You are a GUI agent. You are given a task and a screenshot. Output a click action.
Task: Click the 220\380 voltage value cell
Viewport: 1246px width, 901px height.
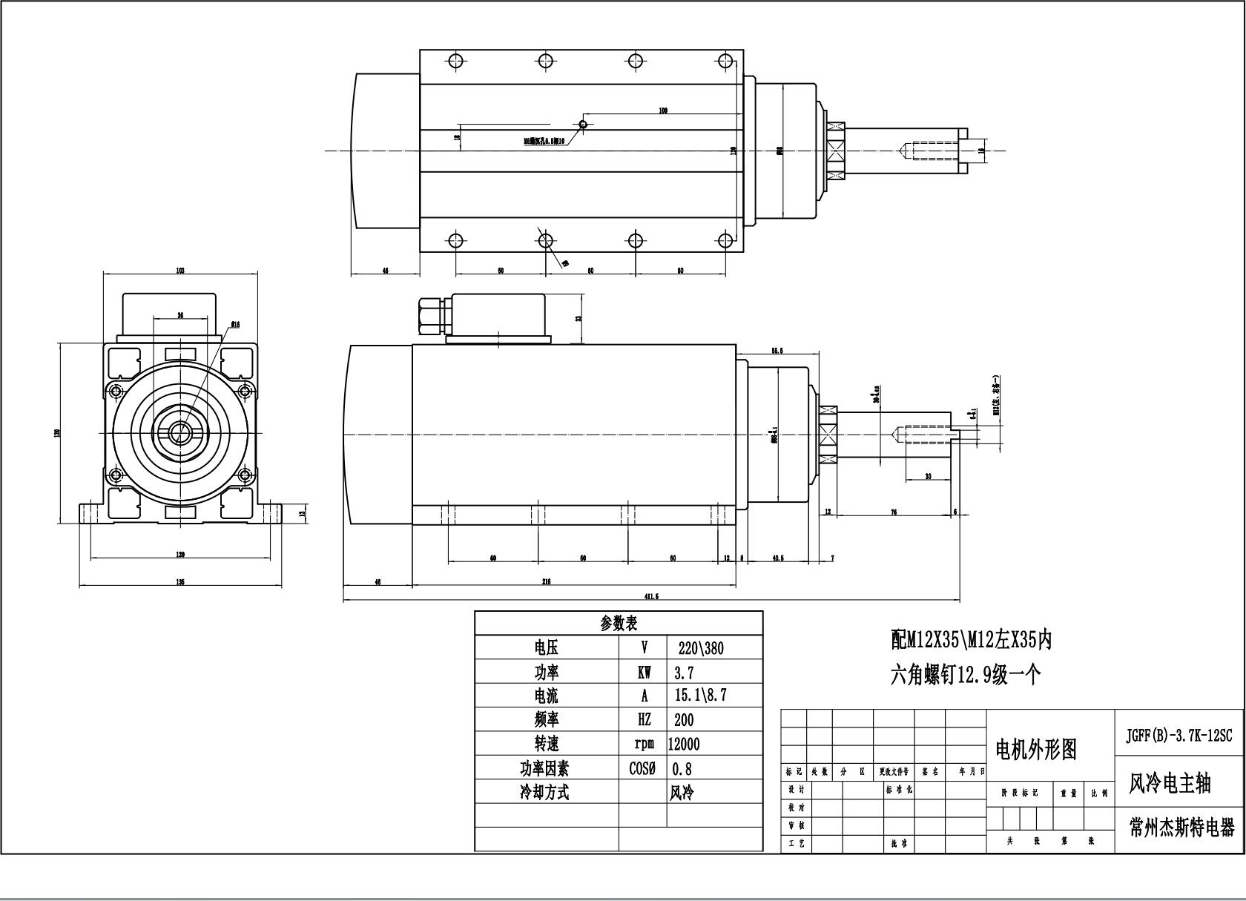point(701,648)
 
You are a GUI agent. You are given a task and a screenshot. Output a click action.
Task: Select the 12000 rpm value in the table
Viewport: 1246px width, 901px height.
point(684,744)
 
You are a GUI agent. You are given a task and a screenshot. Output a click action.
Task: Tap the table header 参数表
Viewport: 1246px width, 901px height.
point(619,623)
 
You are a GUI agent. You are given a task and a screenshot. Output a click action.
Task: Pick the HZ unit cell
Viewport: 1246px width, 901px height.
point(644,719)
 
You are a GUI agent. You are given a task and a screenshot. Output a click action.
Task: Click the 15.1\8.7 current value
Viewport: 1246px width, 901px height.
point(701,696)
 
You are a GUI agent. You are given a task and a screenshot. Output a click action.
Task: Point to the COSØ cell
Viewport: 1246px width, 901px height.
point(642,768)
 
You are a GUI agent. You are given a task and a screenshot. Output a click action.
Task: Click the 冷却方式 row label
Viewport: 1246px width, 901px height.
point(545,792)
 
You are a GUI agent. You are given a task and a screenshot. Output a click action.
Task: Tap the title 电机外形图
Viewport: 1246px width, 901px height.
point(1035,750)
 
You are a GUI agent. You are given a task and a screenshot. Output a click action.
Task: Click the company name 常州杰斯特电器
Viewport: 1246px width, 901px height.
point(1181,828)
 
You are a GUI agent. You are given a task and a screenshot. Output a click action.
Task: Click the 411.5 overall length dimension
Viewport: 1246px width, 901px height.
point(652,596)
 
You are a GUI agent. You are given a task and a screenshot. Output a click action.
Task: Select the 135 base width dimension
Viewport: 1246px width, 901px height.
point(180,582)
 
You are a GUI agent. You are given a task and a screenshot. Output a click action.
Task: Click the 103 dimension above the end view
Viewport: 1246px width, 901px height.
point(180,271)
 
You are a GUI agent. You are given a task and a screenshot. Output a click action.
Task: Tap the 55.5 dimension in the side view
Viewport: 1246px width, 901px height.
point(777,350)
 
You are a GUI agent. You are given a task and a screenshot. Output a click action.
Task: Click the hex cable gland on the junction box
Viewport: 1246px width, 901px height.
point(430,315)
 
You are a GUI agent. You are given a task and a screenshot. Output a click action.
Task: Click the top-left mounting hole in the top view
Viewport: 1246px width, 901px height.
point(455,61)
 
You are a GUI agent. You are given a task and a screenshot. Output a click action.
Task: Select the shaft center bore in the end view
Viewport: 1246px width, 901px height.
point(179,432)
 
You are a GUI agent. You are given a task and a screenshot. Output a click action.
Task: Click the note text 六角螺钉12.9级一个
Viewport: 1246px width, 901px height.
point(966,675)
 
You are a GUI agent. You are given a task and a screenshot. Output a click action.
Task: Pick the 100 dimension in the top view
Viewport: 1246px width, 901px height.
point(663,111)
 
